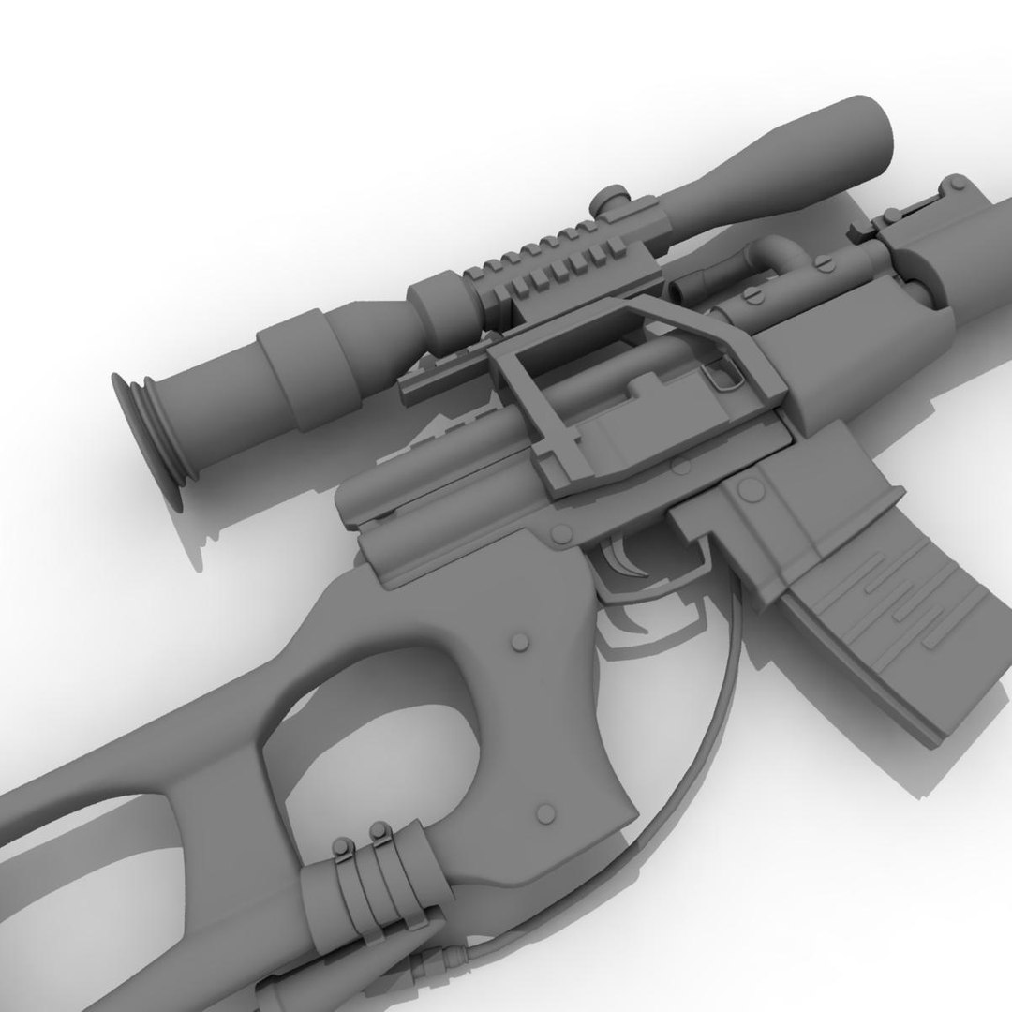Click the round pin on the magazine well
750,489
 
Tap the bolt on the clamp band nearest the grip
380,830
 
